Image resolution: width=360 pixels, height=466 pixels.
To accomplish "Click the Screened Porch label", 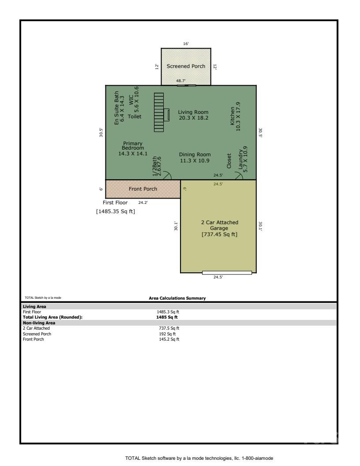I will point(186,66).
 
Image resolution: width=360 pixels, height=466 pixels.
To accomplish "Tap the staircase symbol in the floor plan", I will point(159,112).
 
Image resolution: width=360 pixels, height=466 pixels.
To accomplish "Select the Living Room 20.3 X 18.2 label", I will point(193,115).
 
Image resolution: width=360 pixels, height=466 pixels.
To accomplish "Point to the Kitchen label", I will point(235,116).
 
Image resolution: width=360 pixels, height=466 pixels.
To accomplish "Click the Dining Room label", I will point(195,158).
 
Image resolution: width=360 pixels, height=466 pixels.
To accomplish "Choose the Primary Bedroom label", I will point(133,148).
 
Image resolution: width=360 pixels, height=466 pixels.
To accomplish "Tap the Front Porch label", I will point(142,189).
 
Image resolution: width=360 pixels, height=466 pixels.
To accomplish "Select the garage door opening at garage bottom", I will point(227,273).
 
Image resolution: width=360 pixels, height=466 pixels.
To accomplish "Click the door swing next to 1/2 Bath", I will point(167,176).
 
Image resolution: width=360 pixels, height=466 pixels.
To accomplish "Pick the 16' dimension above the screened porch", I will point(186,44).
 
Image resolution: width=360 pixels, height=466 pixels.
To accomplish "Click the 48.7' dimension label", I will point(181,81).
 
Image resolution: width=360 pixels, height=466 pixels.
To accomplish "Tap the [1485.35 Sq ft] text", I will point(116,211).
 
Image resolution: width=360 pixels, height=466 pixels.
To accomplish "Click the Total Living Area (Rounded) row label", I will point(52,317).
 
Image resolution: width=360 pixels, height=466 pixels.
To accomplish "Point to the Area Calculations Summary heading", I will point(177,298).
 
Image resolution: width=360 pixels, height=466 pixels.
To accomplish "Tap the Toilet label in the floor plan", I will point(134,116).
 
